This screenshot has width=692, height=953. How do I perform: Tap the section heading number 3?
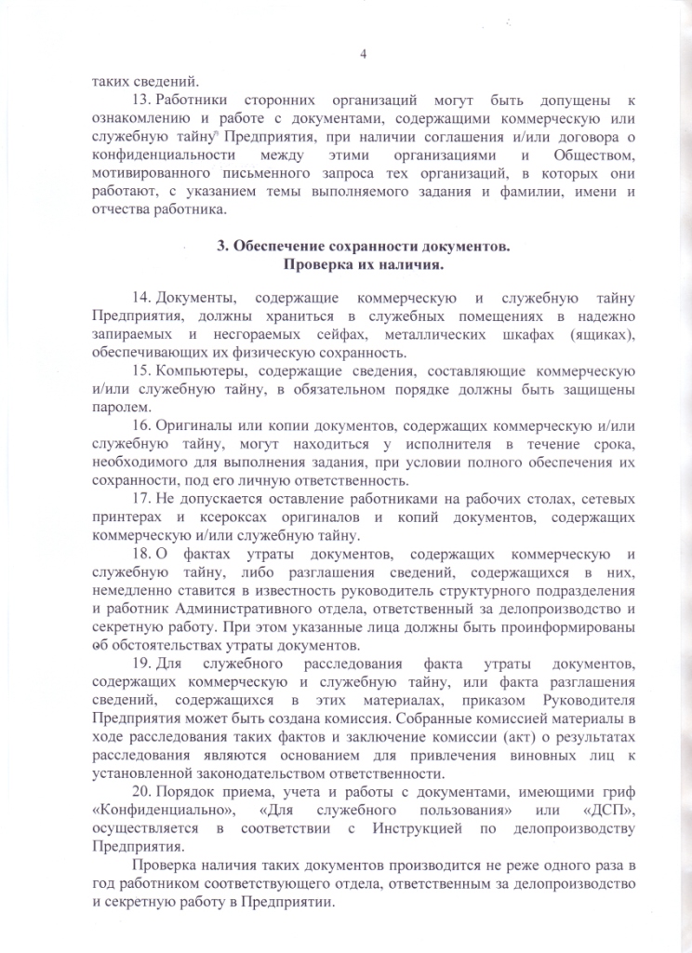[x=221, y=247]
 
